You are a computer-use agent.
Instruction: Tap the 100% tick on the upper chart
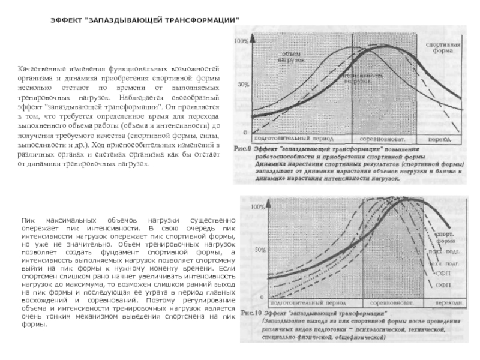tap(241, 41)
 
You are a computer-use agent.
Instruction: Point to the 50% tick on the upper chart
tap(243, 85)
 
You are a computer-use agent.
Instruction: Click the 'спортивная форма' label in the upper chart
tap(443, 48)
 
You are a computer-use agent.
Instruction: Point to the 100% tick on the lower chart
tap(257, 206)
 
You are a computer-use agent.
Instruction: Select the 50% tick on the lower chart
tap(259, 248)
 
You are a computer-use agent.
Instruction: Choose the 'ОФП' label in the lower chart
tap(443, 283)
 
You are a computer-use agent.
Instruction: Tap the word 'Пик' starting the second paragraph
tap(28, 221)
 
